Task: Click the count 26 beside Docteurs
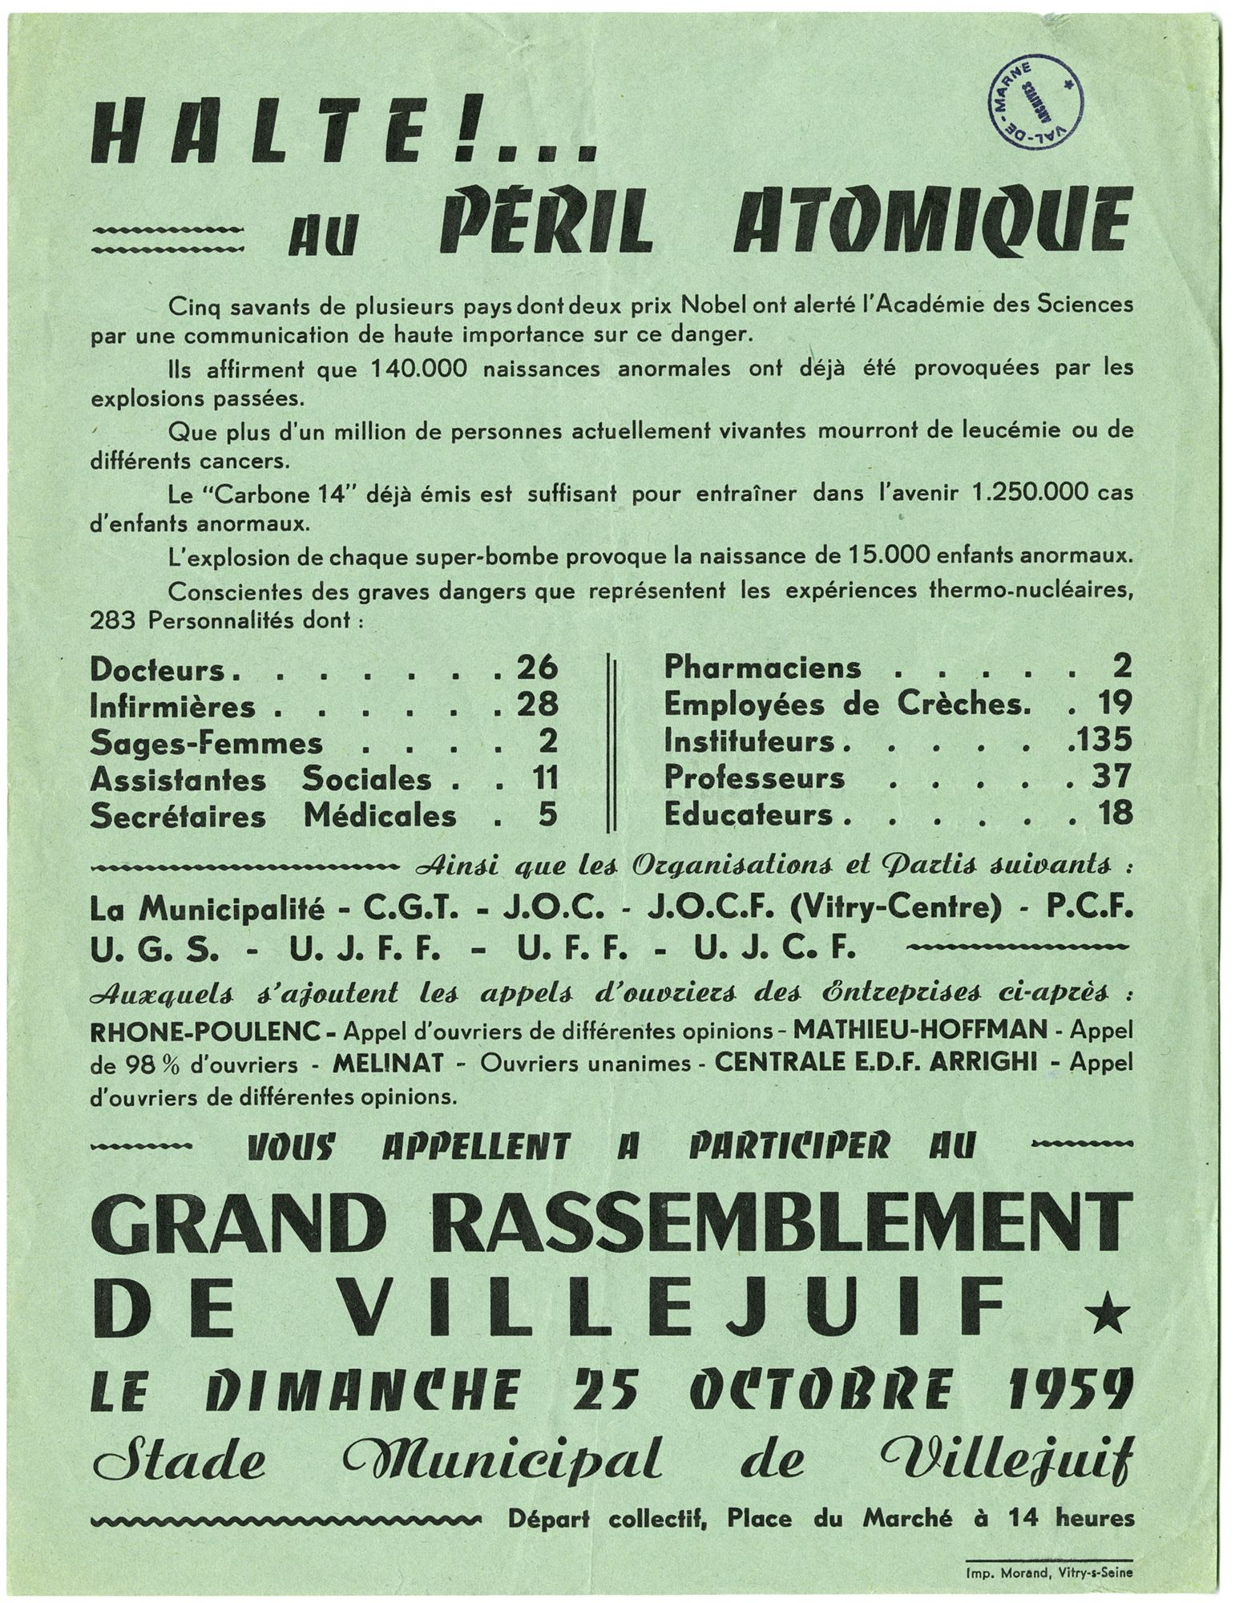tap(536, 667)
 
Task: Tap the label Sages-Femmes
tap(207, 742)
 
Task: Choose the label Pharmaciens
tap(763, 667)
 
